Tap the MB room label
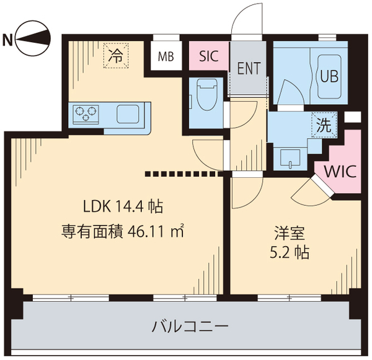point(166,56)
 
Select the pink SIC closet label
point(209,56)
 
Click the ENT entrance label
point(249,68)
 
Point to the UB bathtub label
point(329,77)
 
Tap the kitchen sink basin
point(128,114)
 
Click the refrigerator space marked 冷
point(116,56)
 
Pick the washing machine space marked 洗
point(324,125)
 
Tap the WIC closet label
point(340,171)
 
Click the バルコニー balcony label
point(190,327)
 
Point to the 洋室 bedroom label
point(290,233)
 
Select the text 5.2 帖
point(290,253)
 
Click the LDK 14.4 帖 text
point(123,206)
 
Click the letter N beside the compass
point(7,40)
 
